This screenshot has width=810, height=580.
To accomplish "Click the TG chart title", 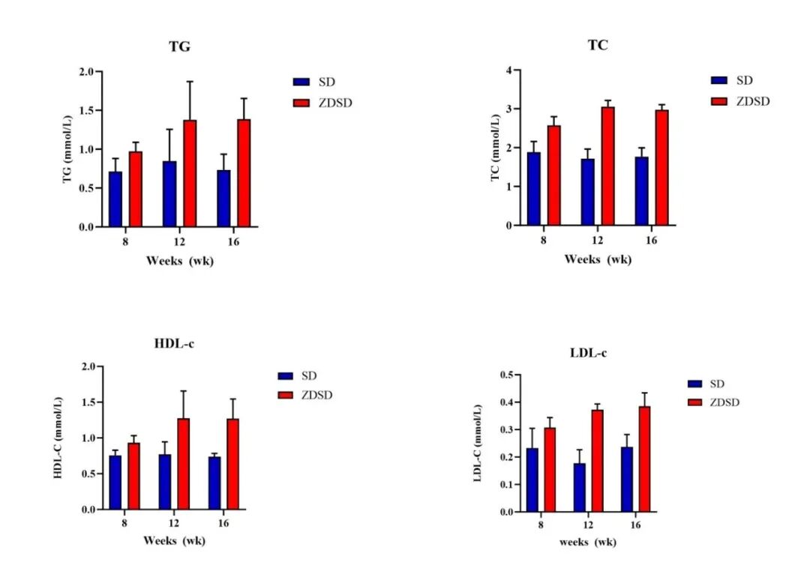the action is coord(180,47).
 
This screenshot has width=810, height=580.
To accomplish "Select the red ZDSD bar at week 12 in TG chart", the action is coord(190,173).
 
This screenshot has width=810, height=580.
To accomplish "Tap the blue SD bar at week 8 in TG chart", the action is coord(115,199).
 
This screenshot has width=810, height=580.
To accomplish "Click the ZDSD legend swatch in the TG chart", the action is coord(301,103).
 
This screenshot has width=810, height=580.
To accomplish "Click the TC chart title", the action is coord(598,46).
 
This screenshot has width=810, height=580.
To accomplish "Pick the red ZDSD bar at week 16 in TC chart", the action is coord(661,168).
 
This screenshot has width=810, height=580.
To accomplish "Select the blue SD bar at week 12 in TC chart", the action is coord(587,192).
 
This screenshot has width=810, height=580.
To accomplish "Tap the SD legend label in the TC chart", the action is coord(745,80).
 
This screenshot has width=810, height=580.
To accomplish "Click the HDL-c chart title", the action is coord(174,344).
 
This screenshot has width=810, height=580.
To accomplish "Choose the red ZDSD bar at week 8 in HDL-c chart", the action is coord(133,477).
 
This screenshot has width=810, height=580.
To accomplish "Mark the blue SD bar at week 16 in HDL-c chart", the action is coord(214,483).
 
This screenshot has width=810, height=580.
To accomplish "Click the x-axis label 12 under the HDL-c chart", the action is coord(173,523).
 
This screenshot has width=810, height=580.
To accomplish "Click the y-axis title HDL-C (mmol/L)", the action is coord(58,438).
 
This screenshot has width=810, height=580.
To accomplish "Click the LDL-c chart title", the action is coord(589,354).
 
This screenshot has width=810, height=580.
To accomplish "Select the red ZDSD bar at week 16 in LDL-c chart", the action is coord(644,459).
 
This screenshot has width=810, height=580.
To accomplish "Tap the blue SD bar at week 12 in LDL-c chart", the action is coord(579,488).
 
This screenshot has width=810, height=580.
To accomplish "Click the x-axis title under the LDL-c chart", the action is coord(588,543).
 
